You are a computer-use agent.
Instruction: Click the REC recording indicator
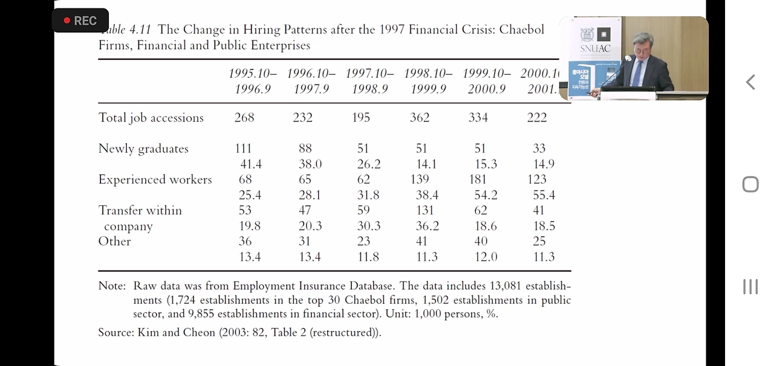click(x=80, y=21)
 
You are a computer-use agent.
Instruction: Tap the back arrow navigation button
click(x=750, y=82)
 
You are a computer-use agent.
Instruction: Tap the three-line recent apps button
click(x=750, y=286)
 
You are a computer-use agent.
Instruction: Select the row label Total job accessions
click(x=151, y=118)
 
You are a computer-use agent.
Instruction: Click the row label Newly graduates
click(x=143, y=149)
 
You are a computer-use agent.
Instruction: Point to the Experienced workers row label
click(x=155, y=180)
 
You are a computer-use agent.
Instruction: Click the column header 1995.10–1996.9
click(x=253, y=82)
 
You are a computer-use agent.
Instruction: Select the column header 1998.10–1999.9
click(x=428, y=82)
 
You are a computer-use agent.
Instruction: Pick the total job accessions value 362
click(x=420, y=118)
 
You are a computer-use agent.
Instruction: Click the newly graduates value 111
click(x=245, y=149)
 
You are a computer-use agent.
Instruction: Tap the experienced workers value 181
click(x=478, y=179)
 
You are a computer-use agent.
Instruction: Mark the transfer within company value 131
click(x=424, y=210)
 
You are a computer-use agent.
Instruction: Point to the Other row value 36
click(x=245, y=241)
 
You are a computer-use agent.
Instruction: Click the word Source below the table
click(x=115, y=332)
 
